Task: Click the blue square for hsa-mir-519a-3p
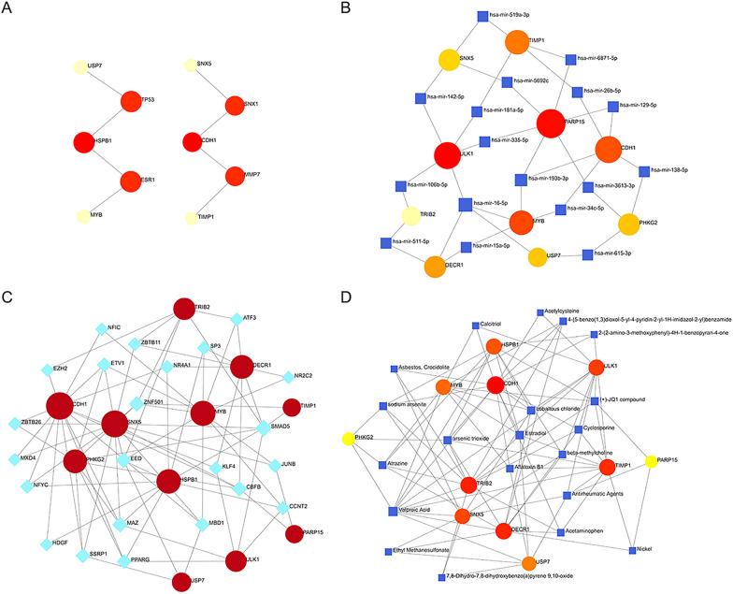(x=483, y=15)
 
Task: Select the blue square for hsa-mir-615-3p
(x=586, y=254)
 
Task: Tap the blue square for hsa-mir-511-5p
(x=385, y=242)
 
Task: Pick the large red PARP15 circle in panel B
(x=551, y=123)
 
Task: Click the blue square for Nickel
(x=634, y=547)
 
